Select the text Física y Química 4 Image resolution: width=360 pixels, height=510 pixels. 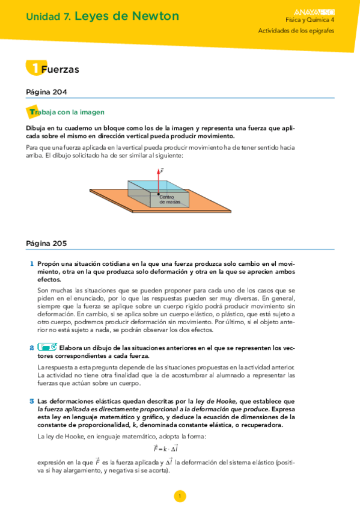point(310,20)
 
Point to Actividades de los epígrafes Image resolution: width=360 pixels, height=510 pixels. point(296,31)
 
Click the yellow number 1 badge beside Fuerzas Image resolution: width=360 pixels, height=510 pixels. point(34,68)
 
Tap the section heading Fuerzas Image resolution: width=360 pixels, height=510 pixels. point(60,69)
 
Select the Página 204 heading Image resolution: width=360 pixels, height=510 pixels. point(46,92)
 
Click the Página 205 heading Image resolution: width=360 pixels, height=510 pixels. point(46,244)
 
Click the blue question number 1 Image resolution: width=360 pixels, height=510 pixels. point(31,263)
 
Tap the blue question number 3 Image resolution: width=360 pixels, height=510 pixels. point(31,401)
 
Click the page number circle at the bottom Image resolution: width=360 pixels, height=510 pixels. point(179,496)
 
